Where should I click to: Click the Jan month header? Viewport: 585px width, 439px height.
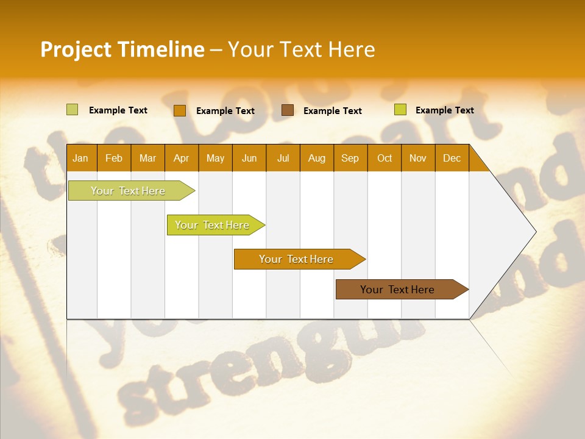point(80,158)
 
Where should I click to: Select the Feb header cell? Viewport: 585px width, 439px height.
point(114,158)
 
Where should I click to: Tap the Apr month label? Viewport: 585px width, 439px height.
point(181,158)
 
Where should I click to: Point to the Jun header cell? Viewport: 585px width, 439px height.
point(249,158)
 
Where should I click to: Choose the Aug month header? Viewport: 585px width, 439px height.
point(316,158)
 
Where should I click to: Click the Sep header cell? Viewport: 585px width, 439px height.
point(350,158)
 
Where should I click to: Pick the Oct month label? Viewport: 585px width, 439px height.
point(385,158)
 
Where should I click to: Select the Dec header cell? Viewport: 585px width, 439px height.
point(452,158)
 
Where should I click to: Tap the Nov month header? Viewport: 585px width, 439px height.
point(418,158)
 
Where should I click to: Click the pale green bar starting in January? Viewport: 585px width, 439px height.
point(128,191)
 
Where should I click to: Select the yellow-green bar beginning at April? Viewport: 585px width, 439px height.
point(212,225)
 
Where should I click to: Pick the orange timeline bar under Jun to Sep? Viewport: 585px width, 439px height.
point(296,259)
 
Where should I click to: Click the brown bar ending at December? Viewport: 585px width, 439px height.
point(397,290)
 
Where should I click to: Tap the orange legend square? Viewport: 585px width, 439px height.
point(179,110)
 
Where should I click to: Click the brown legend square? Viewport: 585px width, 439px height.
point(288,110)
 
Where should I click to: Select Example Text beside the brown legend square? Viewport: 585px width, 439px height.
point(333,111)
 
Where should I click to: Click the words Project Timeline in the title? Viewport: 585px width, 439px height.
point(122,49)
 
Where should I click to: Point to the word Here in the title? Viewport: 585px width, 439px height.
point(352,49)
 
